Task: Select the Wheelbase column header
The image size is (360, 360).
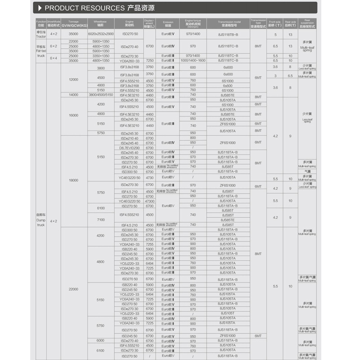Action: [x=100, y=23]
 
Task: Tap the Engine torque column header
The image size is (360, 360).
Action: [x=193, y=23]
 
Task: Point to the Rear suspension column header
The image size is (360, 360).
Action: [x=307, y=24]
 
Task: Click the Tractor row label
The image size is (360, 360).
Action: [x=41, y=34]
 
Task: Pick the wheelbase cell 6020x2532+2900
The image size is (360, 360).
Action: [x=100, y=34]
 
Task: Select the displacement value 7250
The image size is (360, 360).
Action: [x=150, y=60]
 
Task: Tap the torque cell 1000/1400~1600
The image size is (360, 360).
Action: [x=193, y=60]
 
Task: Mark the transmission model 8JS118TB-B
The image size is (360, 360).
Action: [x=228, y=34]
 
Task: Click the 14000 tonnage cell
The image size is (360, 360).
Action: [x=73, y=95]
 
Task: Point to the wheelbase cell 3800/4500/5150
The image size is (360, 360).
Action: [x=100, y=95]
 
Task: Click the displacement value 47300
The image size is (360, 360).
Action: [x=150, y=201]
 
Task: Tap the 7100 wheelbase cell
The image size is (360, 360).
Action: [x=100, y=220]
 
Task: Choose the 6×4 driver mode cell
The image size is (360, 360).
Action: [x=54, y=58]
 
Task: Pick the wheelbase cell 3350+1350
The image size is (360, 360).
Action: [x=100, y=56]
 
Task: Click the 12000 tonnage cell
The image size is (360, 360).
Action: [x=73, y=79]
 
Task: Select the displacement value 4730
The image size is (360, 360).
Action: [x=150, y=177]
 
